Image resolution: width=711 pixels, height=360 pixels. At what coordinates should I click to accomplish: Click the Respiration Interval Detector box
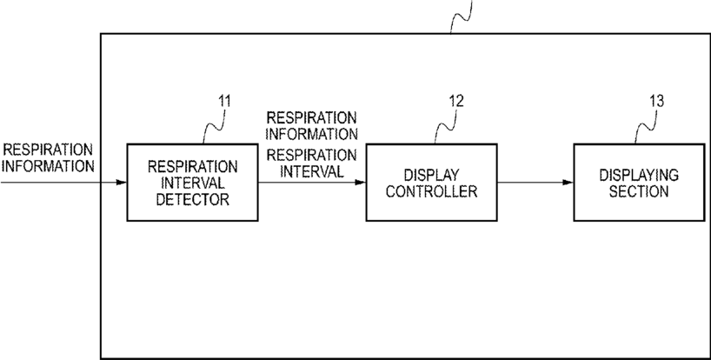pyautogui.click(x=192, y=183)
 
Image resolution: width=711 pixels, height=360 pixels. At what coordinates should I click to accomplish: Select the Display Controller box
pyautogui.click(x=431, y=183)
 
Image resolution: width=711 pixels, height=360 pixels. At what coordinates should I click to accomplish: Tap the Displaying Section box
pyautogui.click(x=638, y=183)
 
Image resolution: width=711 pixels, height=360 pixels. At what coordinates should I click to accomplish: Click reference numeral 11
pyautogui.click(x=223, y=101)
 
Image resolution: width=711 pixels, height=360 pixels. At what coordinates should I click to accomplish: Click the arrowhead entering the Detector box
pyautogui.click(x=122, y=183)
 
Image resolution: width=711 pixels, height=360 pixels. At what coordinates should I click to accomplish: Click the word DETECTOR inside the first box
pyautogui.click(x=192, y=200)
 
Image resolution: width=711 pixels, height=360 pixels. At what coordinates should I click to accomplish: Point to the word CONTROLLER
pyautogui.click(x=431, y=191)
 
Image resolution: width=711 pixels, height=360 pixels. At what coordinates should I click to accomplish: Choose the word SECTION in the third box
pyautogui.click(x=638, y=191)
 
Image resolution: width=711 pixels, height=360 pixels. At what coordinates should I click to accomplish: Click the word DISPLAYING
pyautogui.click(x=638, y=176)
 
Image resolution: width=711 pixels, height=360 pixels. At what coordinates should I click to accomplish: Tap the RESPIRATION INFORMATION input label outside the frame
pyautogui.click(x=47, y=157)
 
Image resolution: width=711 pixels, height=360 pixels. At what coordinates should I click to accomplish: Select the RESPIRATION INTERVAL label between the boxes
pyautogui.click(x=312, y=163)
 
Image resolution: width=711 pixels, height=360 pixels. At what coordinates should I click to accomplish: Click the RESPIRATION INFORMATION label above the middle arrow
pyautogui.click(x=312, y=125)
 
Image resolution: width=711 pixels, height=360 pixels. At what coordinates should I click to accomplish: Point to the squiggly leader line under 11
pyautogui.click(x=210, y=126)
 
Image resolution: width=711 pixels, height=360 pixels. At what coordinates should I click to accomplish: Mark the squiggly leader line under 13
pyautogui.click(x=644, y=126)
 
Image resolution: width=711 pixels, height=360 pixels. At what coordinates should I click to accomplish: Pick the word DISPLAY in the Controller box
pyautogui.click(x=431, y=176)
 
